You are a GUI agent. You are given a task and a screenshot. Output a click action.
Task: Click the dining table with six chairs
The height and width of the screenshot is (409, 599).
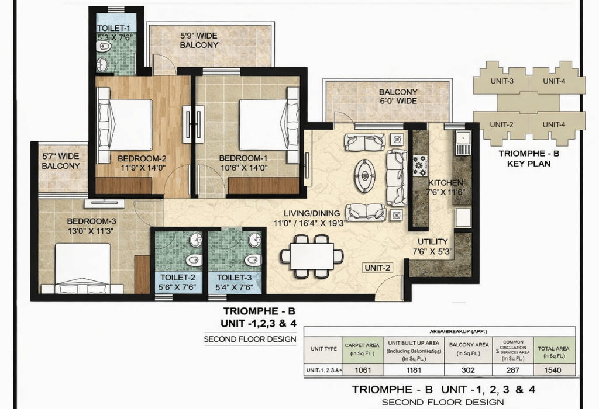[311, 256]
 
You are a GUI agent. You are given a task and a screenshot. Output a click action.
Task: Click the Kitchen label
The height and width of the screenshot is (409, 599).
[445, 182]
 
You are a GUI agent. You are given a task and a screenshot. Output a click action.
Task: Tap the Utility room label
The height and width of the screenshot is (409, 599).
[432, 241]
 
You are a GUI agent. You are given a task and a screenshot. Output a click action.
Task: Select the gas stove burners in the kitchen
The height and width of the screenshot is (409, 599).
[421, 165]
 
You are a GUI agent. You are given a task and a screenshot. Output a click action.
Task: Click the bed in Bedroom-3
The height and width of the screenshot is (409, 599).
[82, 268]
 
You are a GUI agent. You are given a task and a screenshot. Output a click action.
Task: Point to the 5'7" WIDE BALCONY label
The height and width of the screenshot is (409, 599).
[60, 161]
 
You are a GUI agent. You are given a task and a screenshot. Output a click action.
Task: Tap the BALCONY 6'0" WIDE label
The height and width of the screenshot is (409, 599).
[398, 96]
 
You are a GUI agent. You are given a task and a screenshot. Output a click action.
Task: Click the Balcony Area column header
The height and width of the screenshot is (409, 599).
[468, 349]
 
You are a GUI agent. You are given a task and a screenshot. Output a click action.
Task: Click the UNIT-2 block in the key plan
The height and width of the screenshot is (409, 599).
[501, 124]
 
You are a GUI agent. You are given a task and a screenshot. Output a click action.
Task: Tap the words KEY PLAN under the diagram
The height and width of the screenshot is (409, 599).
[529, 164]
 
